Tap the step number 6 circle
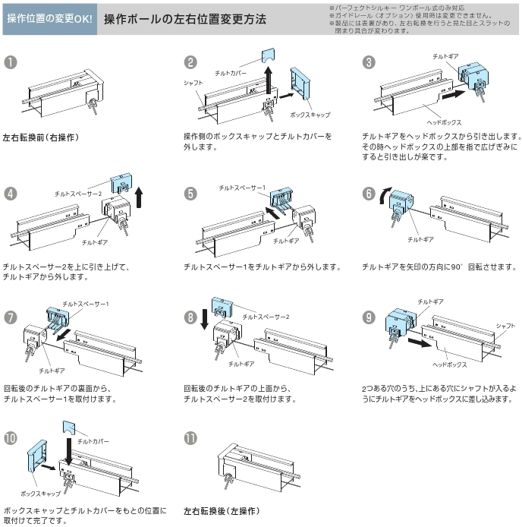369,193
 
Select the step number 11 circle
190,438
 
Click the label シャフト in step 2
193,82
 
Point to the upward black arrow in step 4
139,197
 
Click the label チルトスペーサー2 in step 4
78,194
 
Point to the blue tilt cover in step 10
69,428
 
